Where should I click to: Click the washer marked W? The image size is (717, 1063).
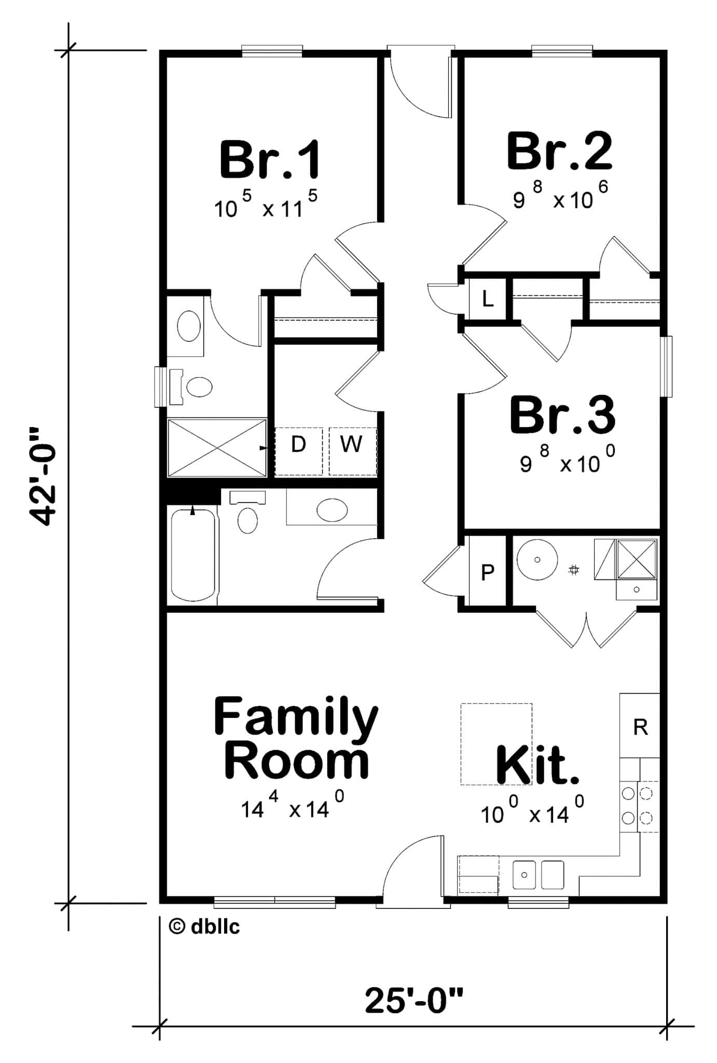click(x=352, y=444)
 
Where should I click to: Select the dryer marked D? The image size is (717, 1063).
click(x=298, y=444)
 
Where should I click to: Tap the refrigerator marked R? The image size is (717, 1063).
click(x=640, y=727)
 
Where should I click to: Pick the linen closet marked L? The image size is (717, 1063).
click(x=487, y=299)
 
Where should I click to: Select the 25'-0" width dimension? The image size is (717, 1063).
click(x=413, y=1001)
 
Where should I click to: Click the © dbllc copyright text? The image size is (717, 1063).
click(x=204, y=926)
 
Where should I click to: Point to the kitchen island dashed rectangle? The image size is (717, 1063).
click(x=497, y=743)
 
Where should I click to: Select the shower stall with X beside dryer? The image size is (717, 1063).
click(x=216, y=447)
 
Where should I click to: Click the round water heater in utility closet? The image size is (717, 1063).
click(x=537, y=560)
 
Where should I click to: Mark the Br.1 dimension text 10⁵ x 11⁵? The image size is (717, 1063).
click(x=266, y=206)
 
